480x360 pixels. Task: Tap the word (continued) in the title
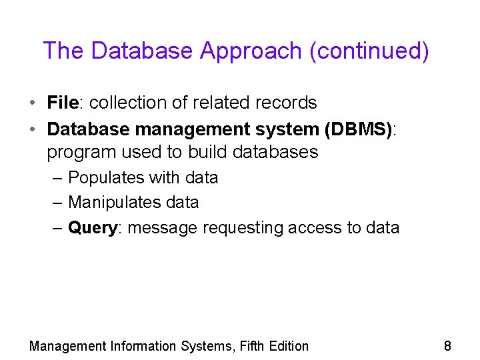369,51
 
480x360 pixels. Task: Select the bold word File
63,103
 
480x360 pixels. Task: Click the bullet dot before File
32,103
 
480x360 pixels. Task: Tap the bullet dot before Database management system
32,129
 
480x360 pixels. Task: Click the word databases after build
275,152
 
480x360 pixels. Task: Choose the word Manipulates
111,202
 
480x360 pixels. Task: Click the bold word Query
93,228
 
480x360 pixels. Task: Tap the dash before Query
57,228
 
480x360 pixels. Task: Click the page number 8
447,345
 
